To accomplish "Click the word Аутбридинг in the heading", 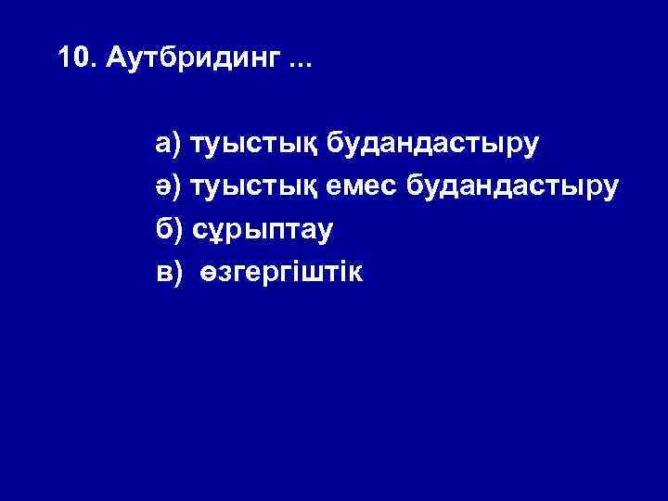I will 192,60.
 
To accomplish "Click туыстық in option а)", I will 252,145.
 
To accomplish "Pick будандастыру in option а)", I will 430,145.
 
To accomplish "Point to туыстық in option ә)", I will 252,187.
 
